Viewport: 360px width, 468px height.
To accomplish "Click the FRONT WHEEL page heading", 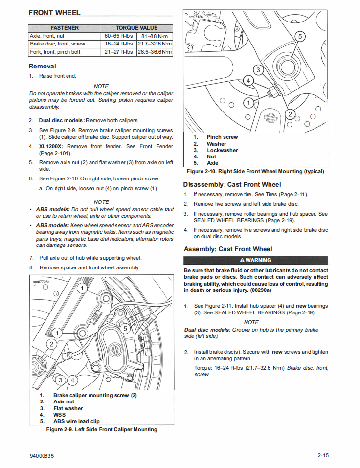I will [x=54, y=12].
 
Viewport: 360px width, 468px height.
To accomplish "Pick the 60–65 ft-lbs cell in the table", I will [x=118, y=36].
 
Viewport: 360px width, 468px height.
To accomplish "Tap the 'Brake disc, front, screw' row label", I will [x=57, y=44].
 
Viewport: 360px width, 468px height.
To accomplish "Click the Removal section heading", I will [x=43, y=66].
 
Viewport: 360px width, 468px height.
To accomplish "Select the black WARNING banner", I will [x=256, y=260].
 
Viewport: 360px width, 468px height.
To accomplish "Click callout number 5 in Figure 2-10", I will [x=300, y=36].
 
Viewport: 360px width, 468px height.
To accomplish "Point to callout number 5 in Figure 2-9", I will [x=125, y=329].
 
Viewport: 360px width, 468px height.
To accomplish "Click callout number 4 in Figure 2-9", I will [x=72, y=379].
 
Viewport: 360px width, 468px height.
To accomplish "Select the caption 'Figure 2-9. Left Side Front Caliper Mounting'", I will [x=102, y=429].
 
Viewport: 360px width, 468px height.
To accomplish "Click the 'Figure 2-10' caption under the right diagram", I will [x=255, y=171].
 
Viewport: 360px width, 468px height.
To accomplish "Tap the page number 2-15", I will [x=322, y=456].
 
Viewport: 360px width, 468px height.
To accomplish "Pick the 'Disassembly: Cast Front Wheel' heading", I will [x=232, y=184].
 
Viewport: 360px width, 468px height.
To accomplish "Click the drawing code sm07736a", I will [x=41, y=282].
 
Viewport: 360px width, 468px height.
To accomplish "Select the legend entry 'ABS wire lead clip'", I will [x=76, y=421].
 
